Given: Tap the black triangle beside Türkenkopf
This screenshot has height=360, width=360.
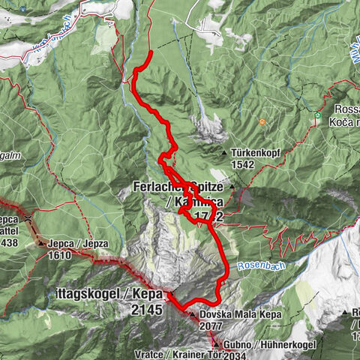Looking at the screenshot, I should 225,153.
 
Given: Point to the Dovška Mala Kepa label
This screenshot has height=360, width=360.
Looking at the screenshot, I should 240,315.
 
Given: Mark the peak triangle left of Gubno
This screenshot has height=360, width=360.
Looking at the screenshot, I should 215,343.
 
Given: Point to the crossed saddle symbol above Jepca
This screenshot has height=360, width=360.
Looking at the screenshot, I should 27,219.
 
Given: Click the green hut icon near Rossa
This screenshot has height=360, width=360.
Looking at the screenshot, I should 318,116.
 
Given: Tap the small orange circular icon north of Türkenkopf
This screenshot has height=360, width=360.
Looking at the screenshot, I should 262,122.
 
